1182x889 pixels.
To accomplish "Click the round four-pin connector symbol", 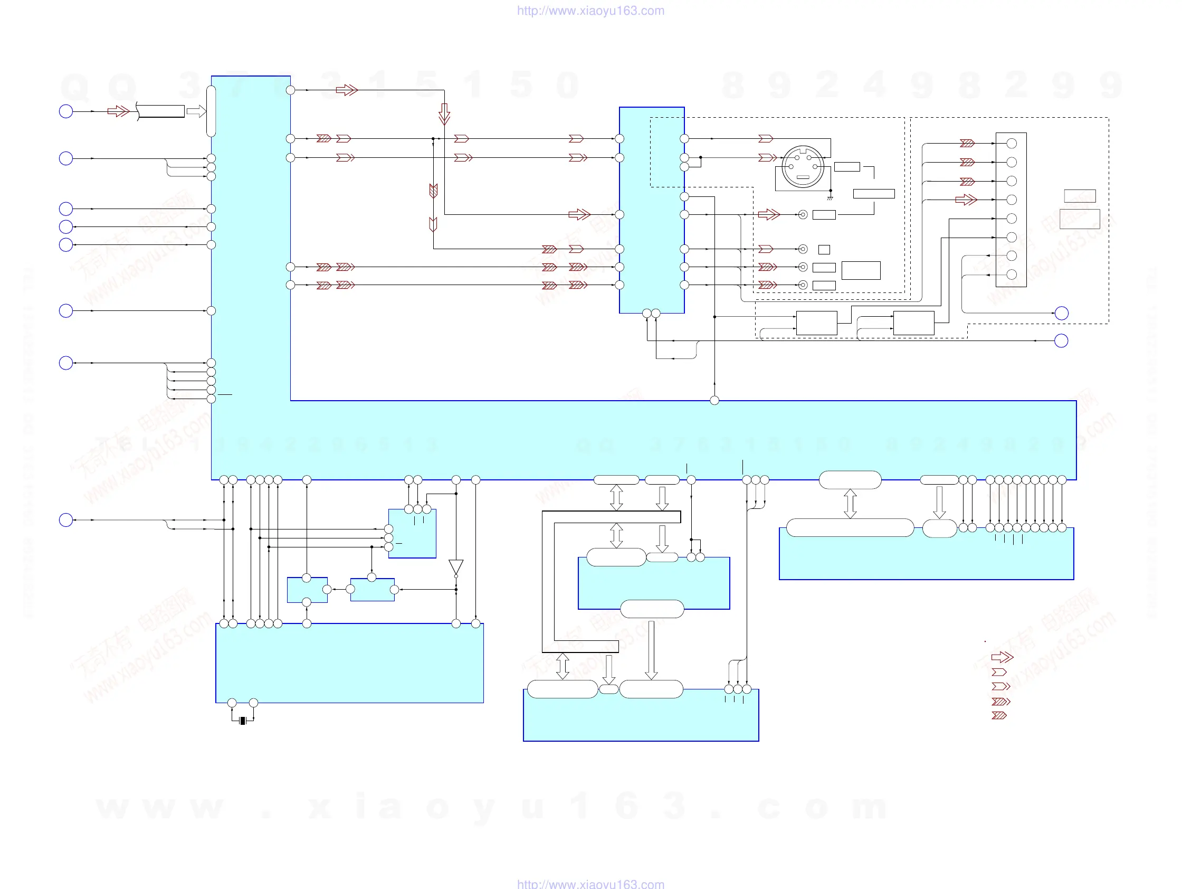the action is [x=803, y=167].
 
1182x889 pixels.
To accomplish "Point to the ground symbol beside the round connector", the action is [x=830, y=197].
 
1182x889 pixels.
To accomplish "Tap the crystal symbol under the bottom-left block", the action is [x=243, y=721].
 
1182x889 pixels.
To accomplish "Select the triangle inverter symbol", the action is [x=456, y=567].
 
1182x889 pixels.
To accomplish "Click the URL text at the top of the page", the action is [x=590, y=11].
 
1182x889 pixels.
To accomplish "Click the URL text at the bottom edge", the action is [x=590, y=884].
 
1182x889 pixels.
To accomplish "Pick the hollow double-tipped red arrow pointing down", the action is [x=444, y=114].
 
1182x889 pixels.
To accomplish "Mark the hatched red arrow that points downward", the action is [x=433, y=190].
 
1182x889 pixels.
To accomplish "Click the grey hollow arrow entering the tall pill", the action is [x=196, y=111].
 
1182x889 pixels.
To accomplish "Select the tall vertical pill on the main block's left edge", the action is [x=211, y=111].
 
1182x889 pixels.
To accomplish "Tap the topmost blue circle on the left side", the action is [x=66, y=111].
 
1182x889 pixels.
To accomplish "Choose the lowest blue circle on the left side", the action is [x=66, y=519].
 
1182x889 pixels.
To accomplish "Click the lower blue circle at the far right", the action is [x=1061, y=341].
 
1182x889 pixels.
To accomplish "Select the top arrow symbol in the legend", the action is [x=1002, y=657].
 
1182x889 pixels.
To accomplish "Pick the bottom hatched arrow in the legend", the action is [x=999, y=715].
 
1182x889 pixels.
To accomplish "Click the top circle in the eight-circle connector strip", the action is [x=1011, y=143].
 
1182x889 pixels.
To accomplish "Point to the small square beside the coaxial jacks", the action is [x=824, y=249].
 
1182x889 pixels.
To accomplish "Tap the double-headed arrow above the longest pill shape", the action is [x=850, y=504].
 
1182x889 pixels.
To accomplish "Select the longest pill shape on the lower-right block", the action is [x=850, y=527].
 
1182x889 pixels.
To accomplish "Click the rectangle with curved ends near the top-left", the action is [x=161, y=111].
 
